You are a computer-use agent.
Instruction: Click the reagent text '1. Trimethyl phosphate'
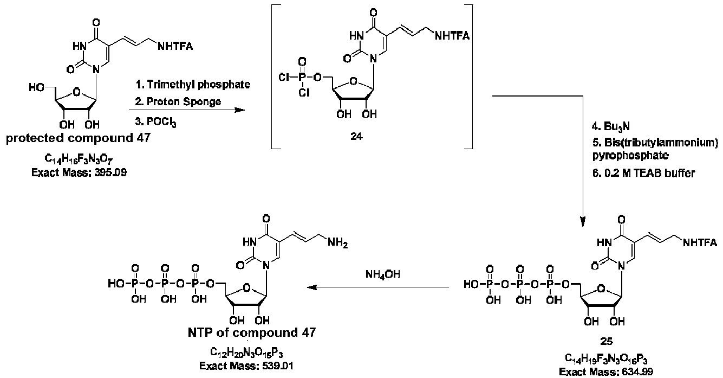pos(193,85)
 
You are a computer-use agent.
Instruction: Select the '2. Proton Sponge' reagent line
pos(178,102)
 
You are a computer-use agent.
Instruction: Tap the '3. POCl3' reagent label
pos(156,122)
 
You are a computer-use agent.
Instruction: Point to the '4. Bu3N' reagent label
pos(611,126)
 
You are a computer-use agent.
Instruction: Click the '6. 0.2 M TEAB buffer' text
pos(643,174)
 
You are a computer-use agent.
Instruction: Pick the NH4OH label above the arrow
pos(383,274)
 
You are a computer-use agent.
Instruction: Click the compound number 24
pos(356,137)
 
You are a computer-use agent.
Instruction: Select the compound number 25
pos(607,341)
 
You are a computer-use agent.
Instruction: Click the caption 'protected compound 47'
pos(78,138)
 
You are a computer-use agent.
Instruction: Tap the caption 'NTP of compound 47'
pos(252,332)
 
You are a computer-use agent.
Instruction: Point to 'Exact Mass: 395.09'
pos(79,172)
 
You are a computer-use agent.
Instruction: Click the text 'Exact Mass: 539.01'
pos(246,366)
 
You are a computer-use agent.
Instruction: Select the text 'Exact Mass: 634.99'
pos(606,372)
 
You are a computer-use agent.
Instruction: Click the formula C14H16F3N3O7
pos(79,159)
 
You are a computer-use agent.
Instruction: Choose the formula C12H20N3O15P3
pos(246,352)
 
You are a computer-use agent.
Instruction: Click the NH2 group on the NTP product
pos(337,242)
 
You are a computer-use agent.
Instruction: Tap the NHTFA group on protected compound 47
pos(175,47)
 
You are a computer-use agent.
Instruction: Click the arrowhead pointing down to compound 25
pos(583,221)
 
